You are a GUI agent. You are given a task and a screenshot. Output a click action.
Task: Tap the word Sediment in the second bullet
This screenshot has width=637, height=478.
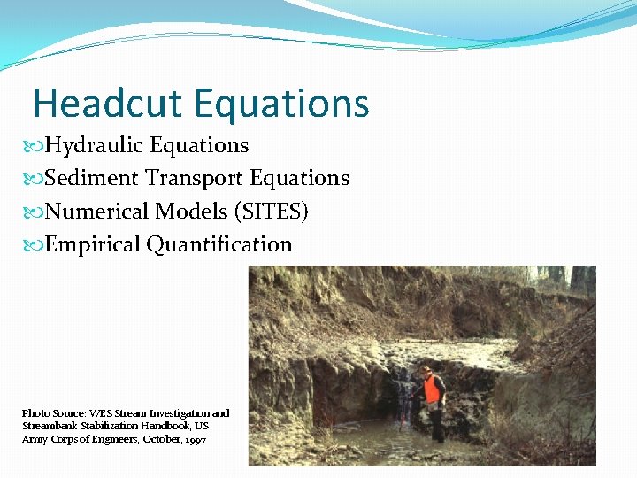click(92, 178)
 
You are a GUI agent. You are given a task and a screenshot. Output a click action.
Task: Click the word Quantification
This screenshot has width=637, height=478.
click(219, 244)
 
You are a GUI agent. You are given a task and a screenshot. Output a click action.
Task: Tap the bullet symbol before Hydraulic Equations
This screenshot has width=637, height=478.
click(36, 145)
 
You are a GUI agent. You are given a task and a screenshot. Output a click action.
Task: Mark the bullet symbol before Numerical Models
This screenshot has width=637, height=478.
click(36, 212)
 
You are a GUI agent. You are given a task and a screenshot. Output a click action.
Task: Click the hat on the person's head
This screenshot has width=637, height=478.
click(426, 367)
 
